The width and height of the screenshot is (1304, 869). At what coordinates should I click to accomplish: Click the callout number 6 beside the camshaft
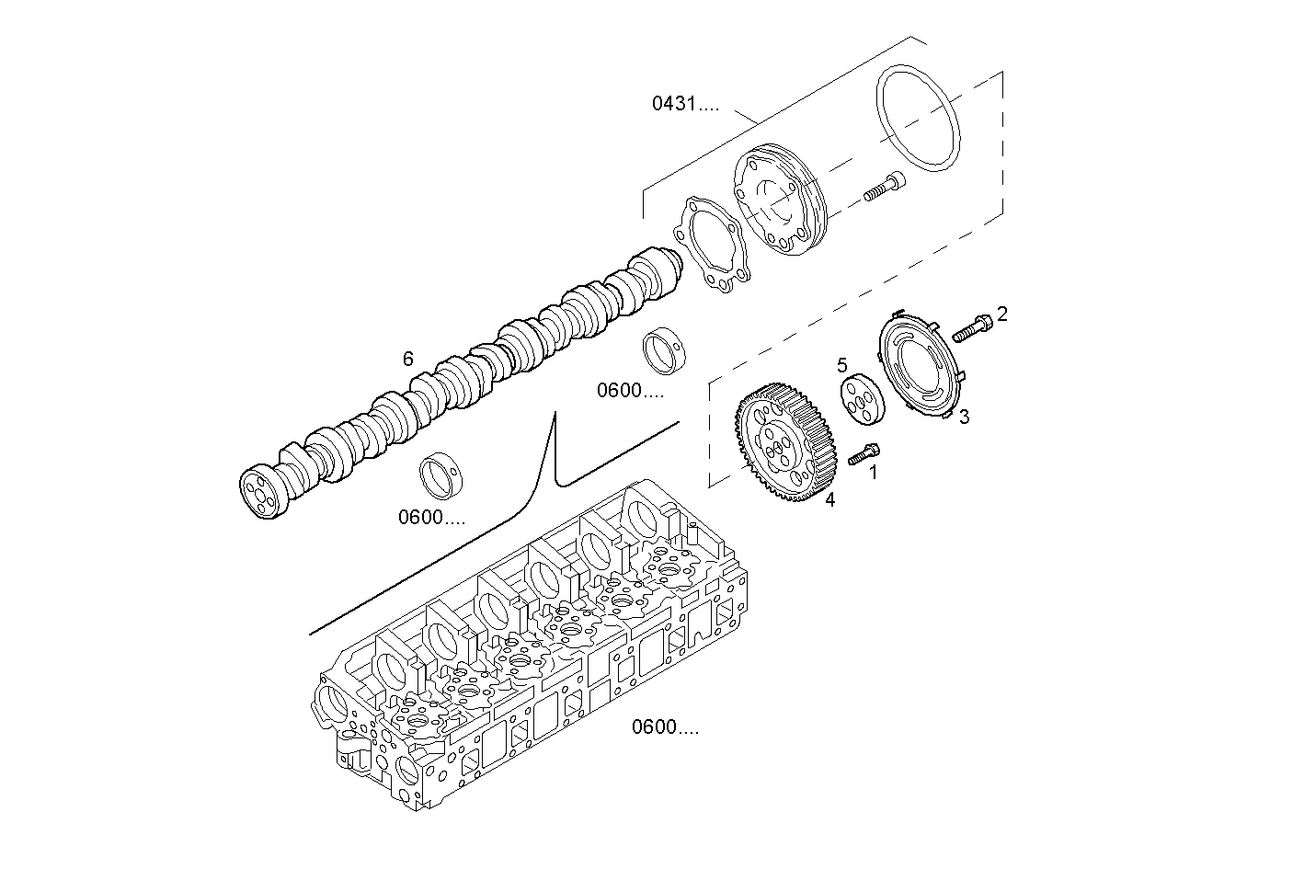point(408,360)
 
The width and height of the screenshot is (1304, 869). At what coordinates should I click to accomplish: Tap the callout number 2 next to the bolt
point(1001,314)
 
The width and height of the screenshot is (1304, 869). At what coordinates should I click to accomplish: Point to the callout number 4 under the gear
point(829,500)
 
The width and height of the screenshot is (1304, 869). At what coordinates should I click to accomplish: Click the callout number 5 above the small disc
point(841,365)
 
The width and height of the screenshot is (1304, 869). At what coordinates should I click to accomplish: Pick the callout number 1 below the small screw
point(873,473)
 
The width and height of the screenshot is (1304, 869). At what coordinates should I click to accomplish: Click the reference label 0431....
point(685,104)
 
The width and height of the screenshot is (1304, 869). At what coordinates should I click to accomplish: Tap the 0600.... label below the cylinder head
point(664,728)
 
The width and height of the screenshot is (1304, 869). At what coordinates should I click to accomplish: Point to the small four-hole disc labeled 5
point(862,399)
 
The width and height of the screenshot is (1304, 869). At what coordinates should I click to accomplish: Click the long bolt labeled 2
point(973,326)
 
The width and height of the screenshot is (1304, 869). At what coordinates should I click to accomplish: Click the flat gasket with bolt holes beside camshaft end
point(714,247)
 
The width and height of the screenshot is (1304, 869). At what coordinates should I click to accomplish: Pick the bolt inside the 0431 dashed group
point(884,187)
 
